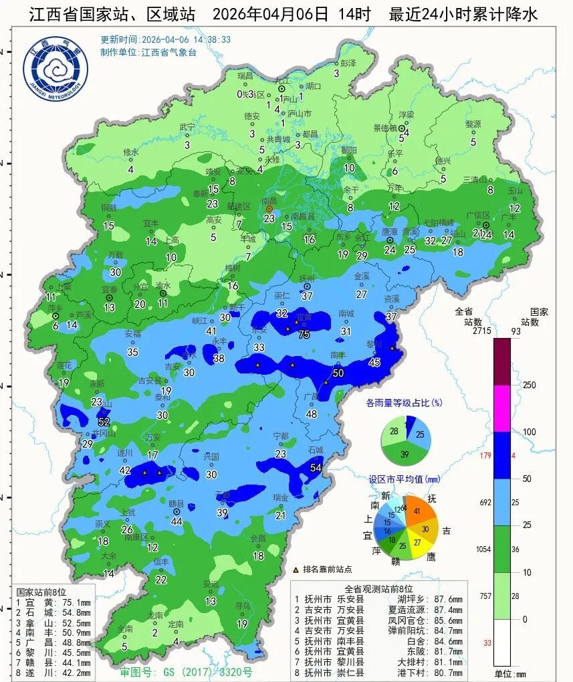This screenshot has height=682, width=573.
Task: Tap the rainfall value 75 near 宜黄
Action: (x=304, y=335)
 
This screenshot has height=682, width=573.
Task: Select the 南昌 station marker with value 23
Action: (x=269, y=209)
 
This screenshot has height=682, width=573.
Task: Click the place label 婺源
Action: (x=473, y=124)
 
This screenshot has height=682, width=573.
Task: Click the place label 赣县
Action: (x=177, y=503)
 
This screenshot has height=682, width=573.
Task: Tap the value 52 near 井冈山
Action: (x=104, y=422)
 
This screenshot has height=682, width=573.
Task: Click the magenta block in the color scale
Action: (x=502, y=408)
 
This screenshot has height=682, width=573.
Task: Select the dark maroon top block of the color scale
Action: (x=502, y=361)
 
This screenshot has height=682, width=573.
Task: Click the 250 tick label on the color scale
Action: (x=530, y=386)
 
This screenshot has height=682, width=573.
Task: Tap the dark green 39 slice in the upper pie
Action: (x=406, y=454)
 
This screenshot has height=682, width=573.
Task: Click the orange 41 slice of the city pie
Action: (x=420, y=511)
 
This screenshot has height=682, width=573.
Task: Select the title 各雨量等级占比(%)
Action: (x=405, y=403)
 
